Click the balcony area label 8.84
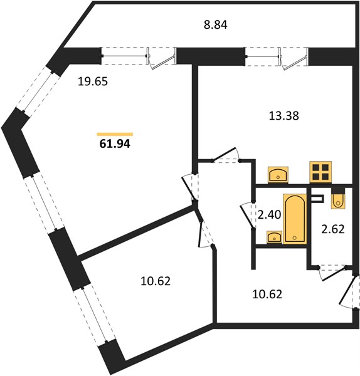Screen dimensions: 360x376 (x=215, y=24)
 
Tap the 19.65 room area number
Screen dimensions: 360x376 (x=93, y=81)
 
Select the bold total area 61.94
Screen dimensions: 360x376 (x=115, y=144)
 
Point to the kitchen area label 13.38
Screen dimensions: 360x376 (x=284, y=116)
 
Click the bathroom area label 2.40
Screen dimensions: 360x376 (x=269, y=214)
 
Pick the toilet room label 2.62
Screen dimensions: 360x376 (x=333, y=229)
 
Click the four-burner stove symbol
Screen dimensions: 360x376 (x=320, y=172)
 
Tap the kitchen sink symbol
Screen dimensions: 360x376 (x=278, y=175)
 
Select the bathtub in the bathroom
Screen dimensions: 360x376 (x=295, y=219)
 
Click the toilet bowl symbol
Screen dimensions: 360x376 (x=338, y=198)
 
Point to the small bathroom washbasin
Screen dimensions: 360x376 (x=274, y=237)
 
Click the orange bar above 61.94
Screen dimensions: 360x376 (x=115, y=134)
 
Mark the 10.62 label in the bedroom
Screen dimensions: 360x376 (x=156, y=281)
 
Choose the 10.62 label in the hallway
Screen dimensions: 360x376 (x=267, y=295)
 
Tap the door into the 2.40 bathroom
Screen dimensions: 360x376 (x=247, y=215)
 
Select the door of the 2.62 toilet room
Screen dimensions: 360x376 (x=333, y=273)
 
